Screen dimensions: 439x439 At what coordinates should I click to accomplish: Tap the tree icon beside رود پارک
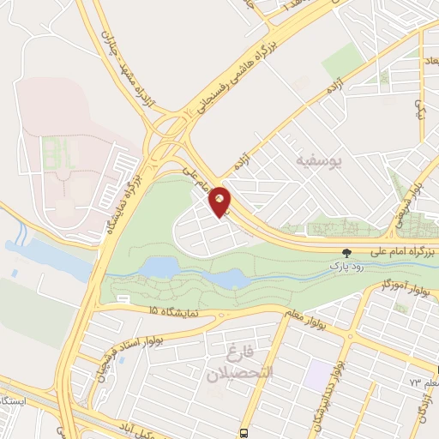click(x=346, y=253)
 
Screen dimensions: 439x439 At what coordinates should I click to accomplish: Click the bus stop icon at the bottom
click(x=245, y=432)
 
